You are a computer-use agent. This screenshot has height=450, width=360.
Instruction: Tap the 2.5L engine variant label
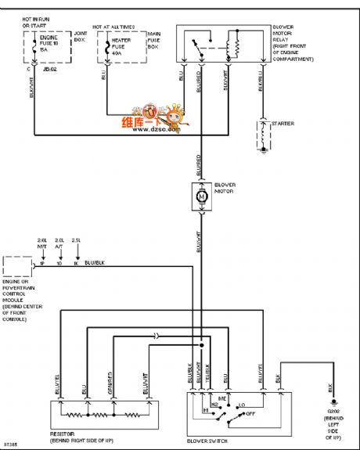point(76,239)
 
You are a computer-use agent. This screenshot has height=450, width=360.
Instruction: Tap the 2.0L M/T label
point(41,243)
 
